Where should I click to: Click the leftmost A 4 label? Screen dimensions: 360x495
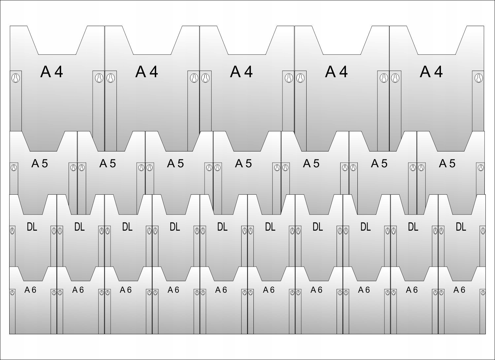[x=52, y=72]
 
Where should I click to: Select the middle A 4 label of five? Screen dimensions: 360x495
[x=242, y=72]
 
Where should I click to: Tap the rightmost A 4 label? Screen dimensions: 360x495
[x=431, y=72]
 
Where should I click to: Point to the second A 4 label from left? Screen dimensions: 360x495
[x=147, y=72]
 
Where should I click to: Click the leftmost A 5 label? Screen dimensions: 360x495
[x=40, y=163]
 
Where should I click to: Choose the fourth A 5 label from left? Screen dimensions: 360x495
[x=244, y=163]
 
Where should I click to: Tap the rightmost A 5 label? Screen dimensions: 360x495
[x=447, y=163]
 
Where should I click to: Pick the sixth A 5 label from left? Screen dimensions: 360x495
[x=379, y=163]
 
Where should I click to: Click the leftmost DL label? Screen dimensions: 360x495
[x=32, y=227]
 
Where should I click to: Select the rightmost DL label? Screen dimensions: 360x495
[x=461, y=227]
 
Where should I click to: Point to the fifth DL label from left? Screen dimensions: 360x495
[x=222, y=227]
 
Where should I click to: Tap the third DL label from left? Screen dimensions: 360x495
[x=127, y=227]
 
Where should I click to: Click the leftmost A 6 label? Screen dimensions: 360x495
[x=30, y=290]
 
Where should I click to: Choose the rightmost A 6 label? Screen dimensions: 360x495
[x=459, y=290]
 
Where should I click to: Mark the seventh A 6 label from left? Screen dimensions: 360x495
[x=316, y=290]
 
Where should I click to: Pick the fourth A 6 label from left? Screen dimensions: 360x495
[x=173, y=290]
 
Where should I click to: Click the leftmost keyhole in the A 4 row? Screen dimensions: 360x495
[x=16, y=78]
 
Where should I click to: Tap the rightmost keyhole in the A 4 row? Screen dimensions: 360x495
[x=478, y=78]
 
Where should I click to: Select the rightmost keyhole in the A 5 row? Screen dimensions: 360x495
[x=481, y=168]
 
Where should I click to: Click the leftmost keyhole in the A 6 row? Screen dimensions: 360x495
[x=12, y=293]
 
